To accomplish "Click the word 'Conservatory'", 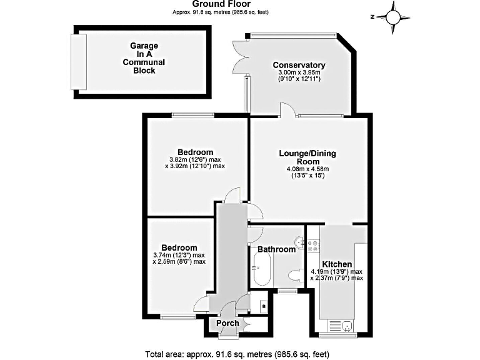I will pyautogui.click(x=299, y=65).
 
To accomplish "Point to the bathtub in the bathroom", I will pyautogui.click(x=261, y=272).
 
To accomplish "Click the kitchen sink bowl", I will pyautogui.click(x=341, y=325).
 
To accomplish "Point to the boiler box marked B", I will pyautogui.click(x=263, y=307).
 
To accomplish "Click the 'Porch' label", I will pyautogui.click(x=227, y=323).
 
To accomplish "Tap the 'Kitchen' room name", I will pyautogui.click(x=337, y=264).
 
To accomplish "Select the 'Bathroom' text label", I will pyautogui.click(x=276, y=249).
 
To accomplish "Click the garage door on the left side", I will pyautogui.click(x=79, y=61).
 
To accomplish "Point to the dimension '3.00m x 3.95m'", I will pyautogui.click(x=299, y=73).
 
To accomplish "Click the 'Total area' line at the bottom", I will pyautogui.click(x=237, y=354).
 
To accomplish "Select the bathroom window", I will pyautogui.click(x=287, y=291).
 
